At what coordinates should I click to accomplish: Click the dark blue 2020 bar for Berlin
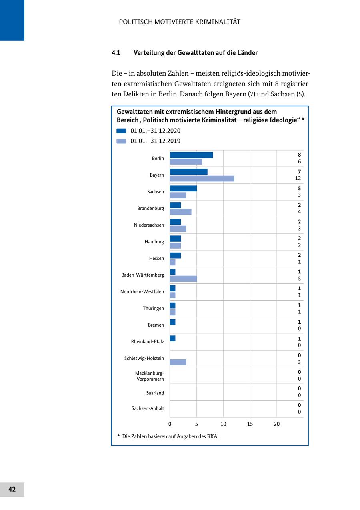[x=191, y=155]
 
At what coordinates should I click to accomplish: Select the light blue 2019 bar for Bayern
[x=202, y=179]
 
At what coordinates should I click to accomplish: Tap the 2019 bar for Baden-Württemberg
[x=183, y=279]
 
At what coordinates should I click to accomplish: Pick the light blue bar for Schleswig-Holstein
[x=178, y=362]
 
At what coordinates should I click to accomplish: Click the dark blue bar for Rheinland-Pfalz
[x=172, y=339]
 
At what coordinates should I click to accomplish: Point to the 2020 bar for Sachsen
[x=183, y=189]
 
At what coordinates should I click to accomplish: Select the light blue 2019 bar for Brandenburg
[x=180, y=212]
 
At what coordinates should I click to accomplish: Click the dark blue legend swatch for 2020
[x=121, y=131]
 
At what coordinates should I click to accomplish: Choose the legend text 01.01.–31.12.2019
[x=155, y=141]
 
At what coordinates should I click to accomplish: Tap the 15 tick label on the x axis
[x=250, y=424]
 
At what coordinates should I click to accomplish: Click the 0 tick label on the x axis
[x=170, y=424]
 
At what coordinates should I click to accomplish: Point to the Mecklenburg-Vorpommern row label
[x=150, y=376]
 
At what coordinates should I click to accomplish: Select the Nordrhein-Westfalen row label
[x=142, y=292]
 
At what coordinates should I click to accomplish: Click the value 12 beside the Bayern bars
[x=298, y=179]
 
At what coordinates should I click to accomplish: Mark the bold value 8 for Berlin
[x=299, y=155]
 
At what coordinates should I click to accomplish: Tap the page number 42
[x=12, y=489]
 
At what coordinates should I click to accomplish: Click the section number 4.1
[x=116, y=53]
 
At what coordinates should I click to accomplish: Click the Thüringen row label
[x=153, y=309]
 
